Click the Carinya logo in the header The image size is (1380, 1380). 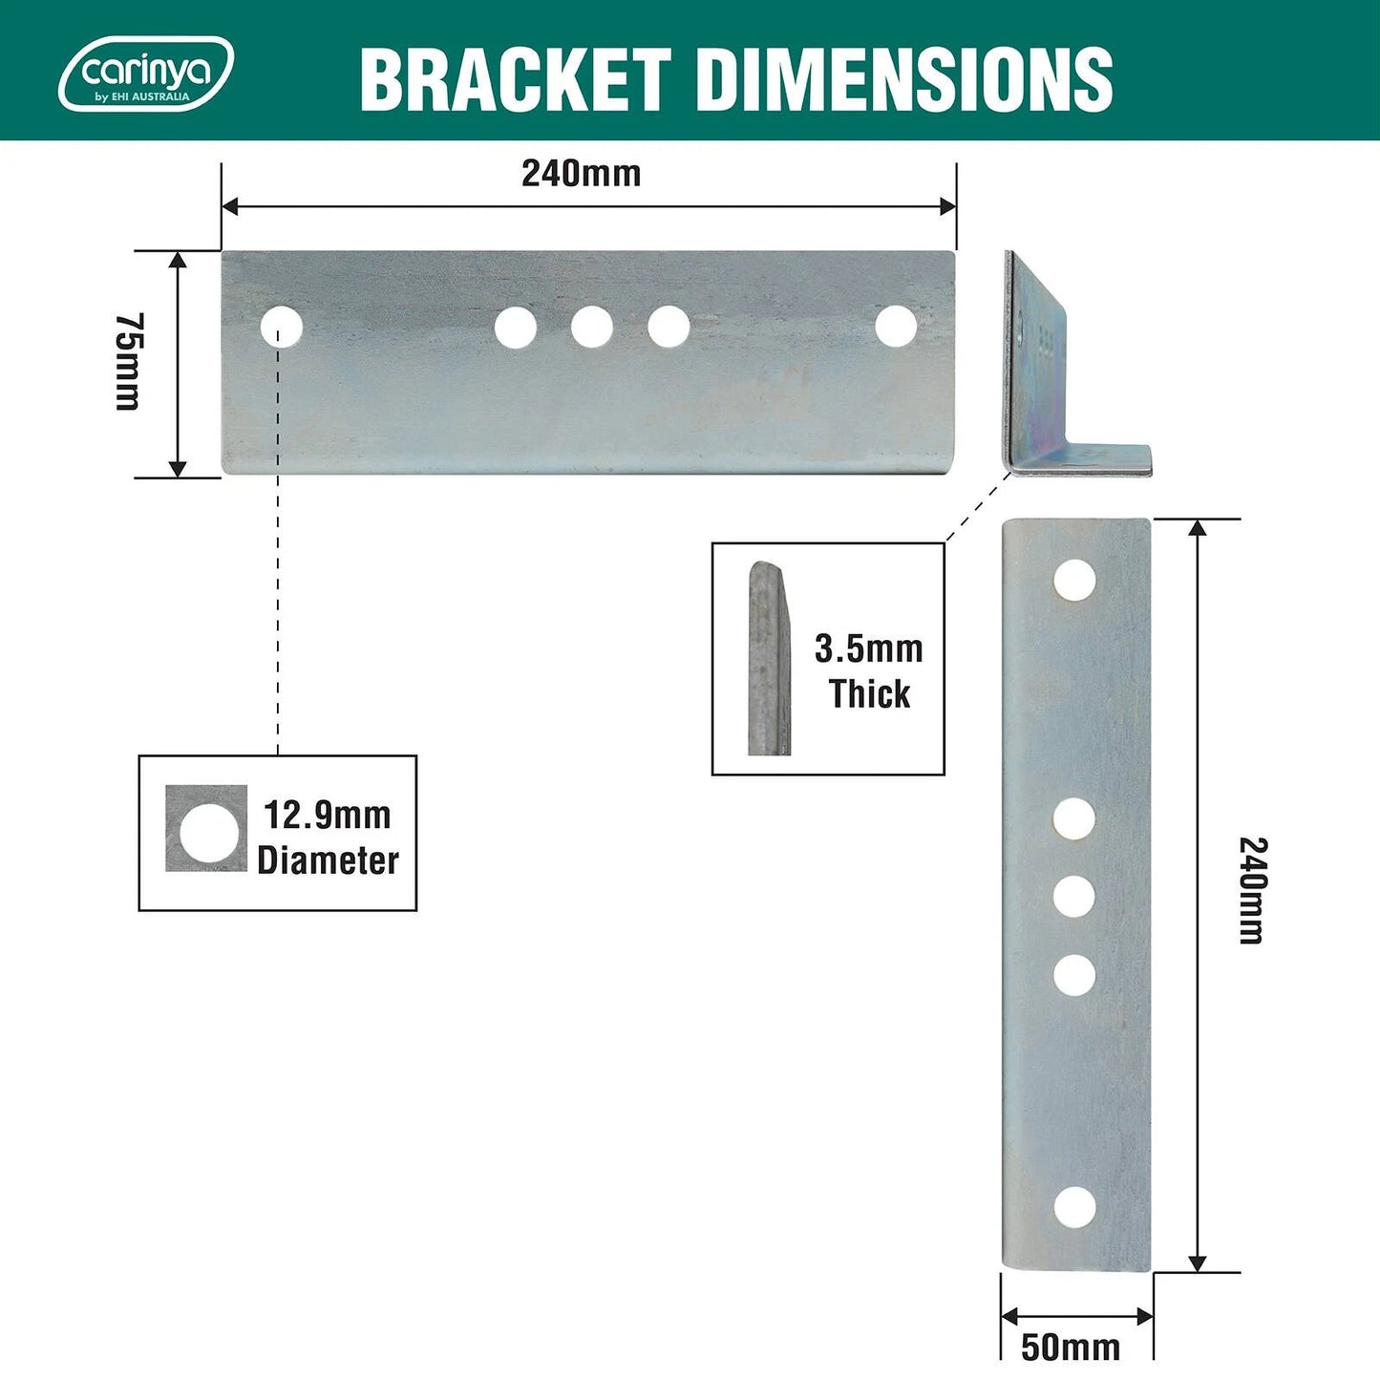[146, 74]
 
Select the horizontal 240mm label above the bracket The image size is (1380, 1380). [581, 174]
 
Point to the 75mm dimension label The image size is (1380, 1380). [128, 362]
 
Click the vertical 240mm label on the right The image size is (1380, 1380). [1252, 890]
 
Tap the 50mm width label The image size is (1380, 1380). [1071, 1347]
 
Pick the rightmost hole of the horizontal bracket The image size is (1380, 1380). [896, 326]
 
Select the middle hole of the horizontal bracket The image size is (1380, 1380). [592, 327]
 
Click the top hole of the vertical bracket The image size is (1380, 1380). [1074, 581]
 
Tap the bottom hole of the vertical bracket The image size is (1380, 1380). [1074, 1207]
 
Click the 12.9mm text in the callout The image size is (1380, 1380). [327, 816]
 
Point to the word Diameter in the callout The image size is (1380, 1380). [328, 860]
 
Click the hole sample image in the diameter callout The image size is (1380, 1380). [206, 829]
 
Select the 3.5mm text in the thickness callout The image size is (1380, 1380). [868, 649]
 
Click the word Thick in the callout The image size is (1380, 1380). [869, 694]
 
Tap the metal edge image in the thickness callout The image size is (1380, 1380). [769, 659]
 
